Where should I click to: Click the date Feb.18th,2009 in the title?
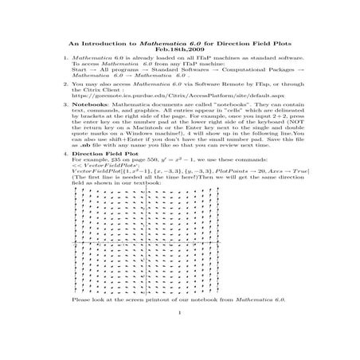click(180, 49)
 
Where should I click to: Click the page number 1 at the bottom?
click(181, 323)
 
